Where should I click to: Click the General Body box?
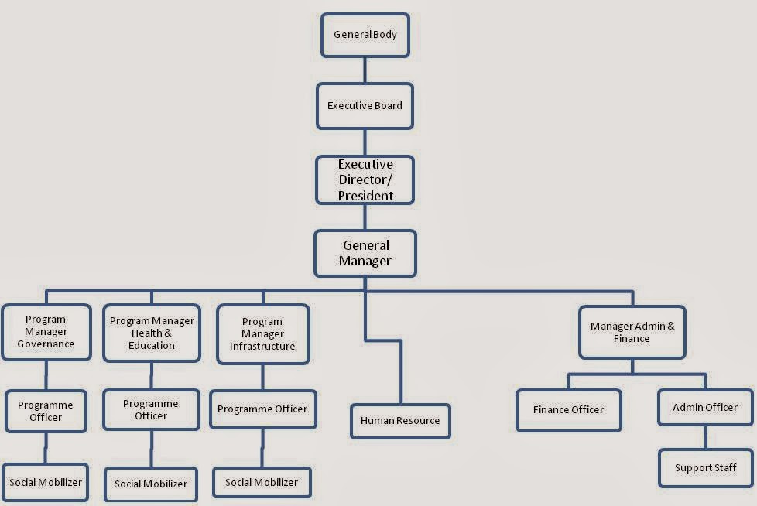click(x=365, y=35)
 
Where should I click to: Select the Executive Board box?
click(x=365, y=106)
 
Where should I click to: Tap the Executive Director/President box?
click(x=365, y=180)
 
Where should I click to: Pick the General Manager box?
click(x=365, y=254)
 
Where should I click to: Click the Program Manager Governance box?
click(x=46, y=332)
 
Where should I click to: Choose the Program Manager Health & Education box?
click(x=152, y=333)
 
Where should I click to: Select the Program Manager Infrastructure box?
click(x=262, y=333)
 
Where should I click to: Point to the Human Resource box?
click(x=400, y=421)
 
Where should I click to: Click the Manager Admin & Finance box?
click(x=632, y=332)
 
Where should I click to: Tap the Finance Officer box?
click(x=568, y=410)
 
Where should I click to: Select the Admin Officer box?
click(x=705, y=407)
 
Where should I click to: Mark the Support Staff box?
click(x=705, y=468)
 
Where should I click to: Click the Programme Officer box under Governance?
click(x=46, y=411)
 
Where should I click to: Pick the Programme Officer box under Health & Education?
click(x=151, y=409)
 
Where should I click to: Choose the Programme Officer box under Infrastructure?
click(x=262, y=409)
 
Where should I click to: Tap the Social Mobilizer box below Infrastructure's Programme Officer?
click(x=262, y=482)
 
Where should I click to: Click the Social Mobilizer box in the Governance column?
click(x=46, y=482)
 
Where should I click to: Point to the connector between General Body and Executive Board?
click(x=365, y=70)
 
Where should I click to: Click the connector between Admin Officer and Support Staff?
click(x=705, y=437)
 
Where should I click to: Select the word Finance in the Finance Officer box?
click(x=551, y=410)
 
